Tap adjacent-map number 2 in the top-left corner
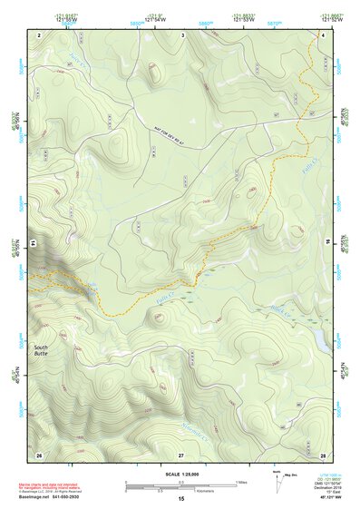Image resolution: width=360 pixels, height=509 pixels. [x=40, y=34]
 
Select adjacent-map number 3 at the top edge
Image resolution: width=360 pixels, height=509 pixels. [x=182, y=34]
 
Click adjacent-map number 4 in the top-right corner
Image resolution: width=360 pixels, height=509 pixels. [x=323, y=34]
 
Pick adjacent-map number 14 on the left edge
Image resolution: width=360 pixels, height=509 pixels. [x=32, y=243]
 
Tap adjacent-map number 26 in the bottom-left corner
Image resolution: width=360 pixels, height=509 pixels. [x=39, y=454]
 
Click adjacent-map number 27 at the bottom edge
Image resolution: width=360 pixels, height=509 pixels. [x=181, y=454]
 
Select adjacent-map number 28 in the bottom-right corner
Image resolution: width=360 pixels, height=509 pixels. [x=323, y=454]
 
